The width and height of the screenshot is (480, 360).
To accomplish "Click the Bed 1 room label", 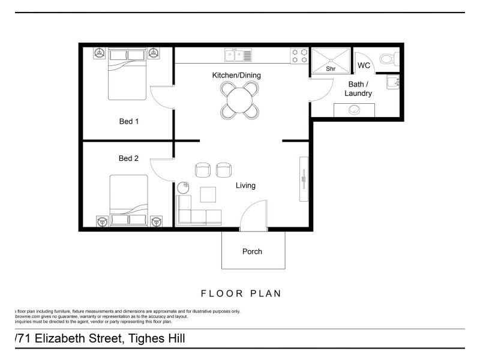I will (128, 121).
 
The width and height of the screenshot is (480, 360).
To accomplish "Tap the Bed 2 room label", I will (128, 158).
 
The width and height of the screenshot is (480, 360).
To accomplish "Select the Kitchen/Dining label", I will (236, 75).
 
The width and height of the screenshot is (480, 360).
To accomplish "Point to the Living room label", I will (245, 185).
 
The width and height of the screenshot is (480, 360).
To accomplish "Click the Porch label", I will (252, 251).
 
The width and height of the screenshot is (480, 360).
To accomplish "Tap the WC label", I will (364, 65).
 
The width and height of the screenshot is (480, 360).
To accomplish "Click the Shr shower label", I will (330, 69).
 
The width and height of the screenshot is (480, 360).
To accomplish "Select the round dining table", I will (240, 100).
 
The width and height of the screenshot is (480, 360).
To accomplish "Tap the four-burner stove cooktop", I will (299, 56).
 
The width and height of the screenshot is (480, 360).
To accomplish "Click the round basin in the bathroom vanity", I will (355, 110).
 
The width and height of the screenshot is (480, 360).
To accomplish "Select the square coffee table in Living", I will (208, 195).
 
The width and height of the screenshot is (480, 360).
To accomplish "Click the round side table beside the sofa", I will (185, 186).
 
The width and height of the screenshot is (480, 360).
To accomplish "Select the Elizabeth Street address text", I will (99, 338).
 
